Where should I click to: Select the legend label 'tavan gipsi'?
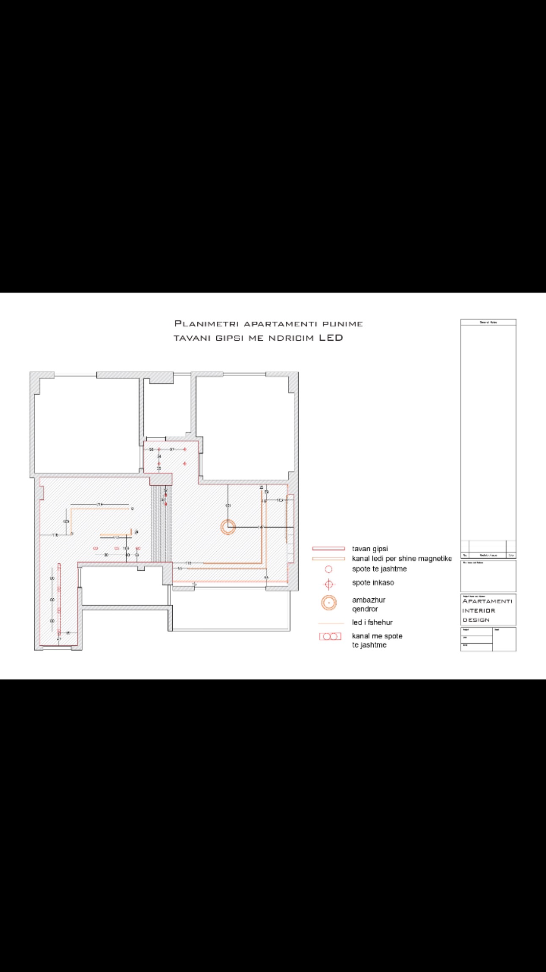(x=370, y=549)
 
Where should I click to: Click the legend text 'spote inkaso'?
(x=373, y=583)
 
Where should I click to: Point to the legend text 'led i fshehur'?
(x=372, y=622)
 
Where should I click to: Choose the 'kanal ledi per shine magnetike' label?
(x=402, y=558)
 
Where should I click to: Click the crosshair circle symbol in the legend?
(x=329, y=585)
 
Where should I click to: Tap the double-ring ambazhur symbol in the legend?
(x=329, y=603)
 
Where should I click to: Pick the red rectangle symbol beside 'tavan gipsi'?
(x=328, y=549)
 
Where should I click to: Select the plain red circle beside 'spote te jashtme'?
(x=328, y=569)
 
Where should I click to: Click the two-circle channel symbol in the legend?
(x=330, y=636)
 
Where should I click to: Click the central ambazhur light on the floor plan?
(x=228, y=527)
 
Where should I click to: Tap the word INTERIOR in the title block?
(x=478, y=611)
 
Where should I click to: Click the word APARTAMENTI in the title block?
(x=487, y=601)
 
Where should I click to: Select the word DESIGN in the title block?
(x=476, y=620)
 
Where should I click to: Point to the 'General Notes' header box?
(x=488, y=322)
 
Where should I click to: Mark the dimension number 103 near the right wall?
(x=280, y=500)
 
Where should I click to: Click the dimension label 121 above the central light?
(x=228, y=505)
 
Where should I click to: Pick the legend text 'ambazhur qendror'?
(x=368, y=605)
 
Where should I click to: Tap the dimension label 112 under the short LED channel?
(x=116, y=538)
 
